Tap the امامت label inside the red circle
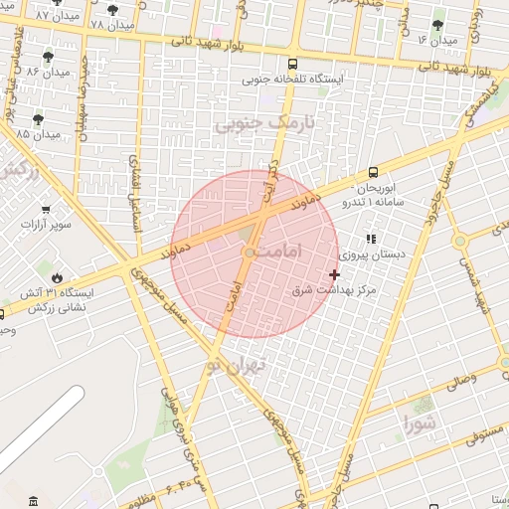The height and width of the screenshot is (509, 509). (270, 255)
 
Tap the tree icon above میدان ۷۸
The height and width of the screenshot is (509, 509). (112, 9)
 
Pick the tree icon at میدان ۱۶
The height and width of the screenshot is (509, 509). (438, 25)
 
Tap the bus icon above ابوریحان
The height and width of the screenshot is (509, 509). (373, 171)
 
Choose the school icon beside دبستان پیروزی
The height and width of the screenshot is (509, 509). (371, 240)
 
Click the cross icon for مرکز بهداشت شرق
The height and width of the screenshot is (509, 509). (334, 273)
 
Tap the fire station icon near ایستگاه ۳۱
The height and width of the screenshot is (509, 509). (57, 277)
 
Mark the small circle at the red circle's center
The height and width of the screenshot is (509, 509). (249, 253)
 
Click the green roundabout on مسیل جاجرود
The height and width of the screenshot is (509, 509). (459, 241)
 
